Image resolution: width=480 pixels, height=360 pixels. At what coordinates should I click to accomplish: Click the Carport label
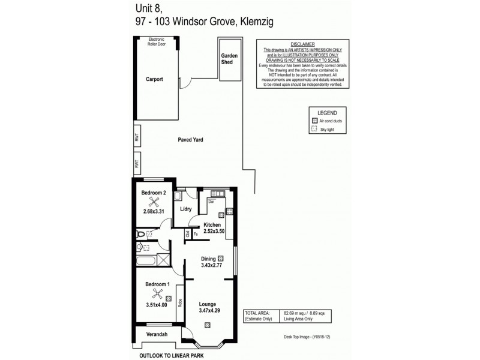[x=154, y=79]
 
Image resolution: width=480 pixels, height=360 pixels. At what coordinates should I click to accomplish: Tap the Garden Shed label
[x=229, y=58]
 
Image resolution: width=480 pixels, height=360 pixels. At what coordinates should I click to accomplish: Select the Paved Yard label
[x=190, y=139]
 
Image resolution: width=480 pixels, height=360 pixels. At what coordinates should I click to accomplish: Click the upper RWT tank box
[x=137, y=139]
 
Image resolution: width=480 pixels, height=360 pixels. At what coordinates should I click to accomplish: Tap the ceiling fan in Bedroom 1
[x=157, y=293]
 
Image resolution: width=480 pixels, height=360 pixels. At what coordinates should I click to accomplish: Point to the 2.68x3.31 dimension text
[x=154, y=211]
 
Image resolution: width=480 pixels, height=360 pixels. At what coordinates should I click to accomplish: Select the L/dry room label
[x=185, y=209]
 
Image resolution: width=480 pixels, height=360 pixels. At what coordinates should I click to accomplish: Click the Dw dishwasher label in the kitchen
[x=211, y=202]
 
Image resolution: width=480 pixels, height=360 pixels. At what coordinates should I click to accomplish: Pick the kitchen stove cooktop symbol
[x=229, y=211]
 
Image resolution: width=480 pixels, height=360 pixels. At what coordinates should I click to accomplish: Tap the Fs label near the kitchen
[x=196, y=234]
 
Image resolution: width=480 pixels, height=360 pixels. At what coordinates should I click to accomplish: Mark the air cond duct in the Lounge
[x=208, y=325]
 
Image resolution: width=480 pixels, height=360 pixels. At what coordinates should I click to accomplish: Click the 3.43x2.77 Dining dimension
[x=212, y=266]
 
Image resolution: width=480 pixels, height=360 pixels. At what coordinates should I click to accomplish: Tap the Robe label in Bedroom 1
[x=180, y=304]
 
